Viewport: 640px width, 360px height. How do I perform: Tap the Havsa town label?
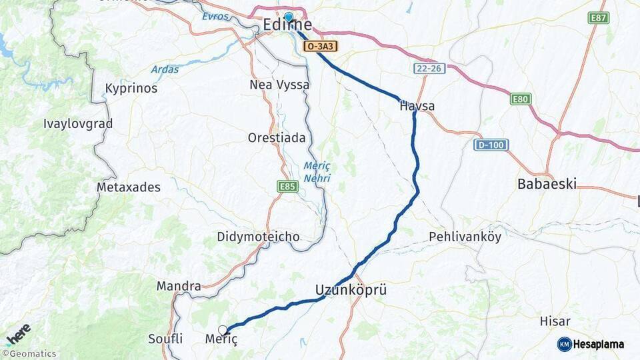click(417, 106)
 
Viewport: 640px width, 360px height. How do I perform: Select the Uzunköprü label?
click(351, 291)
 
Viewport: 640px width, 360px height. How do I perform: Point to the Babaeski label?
click(547, 184)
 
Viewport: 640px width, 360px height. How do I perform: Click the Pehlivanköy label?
click(465, 236)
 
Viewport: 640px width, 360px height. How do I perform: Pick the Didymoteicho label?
click(258, 237)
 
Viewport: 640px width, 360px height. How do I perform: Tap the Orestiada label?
click(277, 138)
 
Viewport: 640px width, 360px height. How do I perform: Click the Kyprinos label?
click(131, 89)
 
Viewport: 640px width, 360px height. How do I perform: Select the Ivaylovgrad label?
click(78, 123)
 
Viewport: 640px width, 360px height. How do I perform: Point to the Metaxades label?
click(129, 187)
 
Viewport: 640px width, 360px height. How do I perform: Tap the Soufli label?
click(165, 339)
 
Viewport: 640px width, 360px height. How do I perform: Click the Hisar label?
click(555, 321)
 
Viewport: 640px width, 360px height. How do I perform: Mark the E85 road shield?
click(288, 187)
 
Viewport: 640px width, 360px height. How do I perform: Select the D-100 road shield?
click(491, 145)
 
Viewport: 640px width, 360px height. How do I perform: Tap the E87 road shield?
click(599, 18)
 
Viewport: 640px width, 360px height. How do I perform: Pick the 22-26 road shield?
click(429, 69)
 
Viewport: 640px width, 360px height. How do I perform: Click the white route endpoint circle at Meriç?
click(223, 329)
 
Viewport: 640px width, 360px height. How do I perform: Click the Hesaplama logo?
click(591, 344)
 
